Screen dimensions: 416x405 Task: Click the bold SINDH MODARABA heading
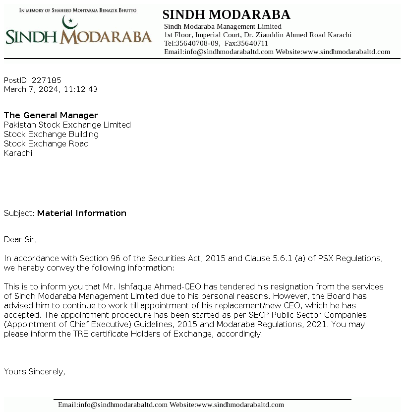[x=226, y=15]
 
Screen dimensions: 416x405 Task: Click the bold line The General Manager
[x=51, y=116]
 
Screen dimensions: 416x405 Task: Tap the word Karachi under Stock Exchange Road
[x=18, y=153]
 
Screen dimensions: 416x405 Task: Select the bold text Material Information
[x=82, y=213]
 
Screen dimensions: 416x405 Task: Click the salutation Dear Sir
[x=20, y=240]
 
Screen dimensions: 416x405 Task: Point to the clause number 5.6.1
[x=282, y=259]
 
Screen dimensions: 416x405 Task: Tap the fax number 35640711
[x=253, y=43]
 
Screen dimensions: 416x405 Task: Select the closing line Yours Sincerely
[x=35, y=371]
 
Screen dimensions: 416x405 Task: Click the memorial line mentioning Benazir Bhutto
[x=78, y=9]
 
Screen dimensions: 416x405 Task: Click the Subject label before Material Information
[x=19, y=213]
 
